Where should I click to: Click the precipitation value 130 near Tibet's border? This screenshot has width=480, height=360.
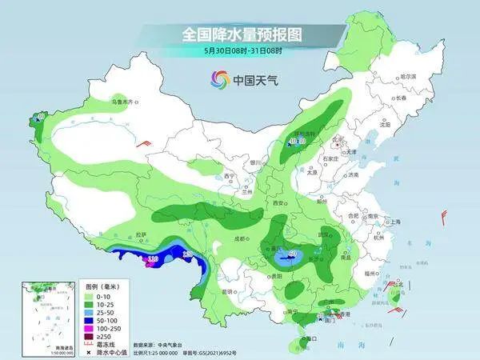point(188,254)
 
